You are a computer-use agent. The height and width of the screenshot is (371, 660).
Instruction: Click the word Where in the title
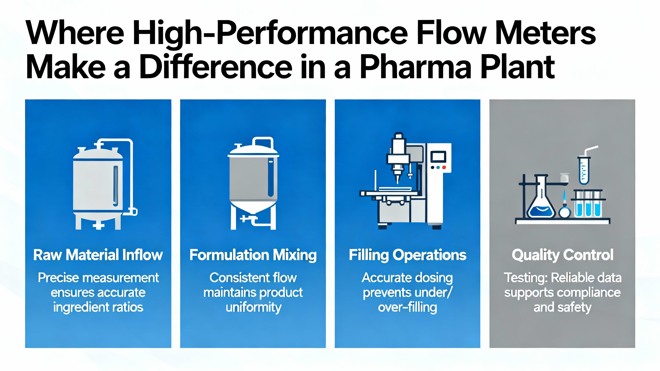pyautogui.click(x=75, y=33)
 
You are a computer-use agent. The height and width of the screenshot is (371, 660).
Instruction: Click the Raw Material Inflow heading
pyautogui.click(x=98, y=255)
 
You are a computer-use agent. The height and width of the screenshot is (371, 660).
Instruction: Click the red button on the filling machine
pyautogui.click(x=444, y=167)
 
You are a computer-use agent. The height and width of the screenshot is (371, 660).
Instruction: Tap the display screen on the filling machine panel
pyautogui.click(x=438, y=157)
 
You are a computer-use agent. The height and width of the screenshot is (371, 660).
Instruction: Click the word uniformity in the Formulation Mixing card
pyautogui.click(x=254, y=308)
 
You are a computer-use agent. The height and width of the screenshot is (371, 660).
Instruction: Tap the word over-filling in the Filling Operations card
pyautogui.click(x=408, y=307)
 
